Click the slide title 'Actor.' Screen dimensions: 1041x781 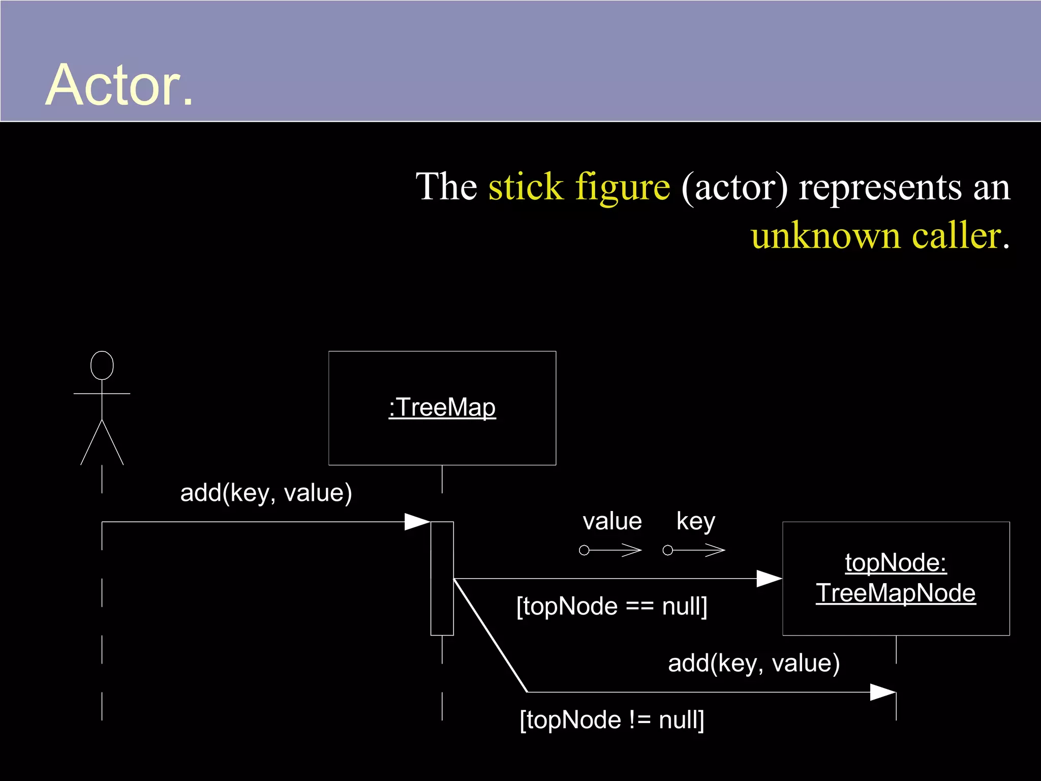tap(119, 85)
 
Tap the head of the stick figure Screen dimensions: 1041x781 tap(102, 365)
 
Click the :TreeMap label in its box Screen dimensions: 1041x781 tap(442, 408)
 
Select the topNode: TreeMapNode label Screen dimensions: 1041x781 tap(896, 578)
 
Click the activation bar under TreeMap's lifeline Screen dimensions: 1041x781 tap(442, 578)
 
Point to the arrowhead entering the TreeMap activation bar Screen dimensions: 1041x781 tap(418, 522)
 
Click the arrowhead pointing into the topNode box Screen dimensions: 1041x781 tap(770, 579)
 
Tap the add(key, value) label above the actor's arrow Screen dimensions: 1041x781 tap(266, 493)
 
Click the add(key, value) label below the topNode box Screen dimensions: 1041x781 tap(754, 663)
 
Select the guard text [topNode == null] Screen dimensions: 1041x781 tap(611, 606)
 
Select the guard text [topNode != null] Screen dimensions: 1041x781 tap(611, 720)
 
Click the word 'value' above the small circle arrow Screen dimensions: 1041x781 tap(612, 522)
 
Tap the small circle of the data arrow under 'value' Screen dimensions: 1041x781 tap(585, 550)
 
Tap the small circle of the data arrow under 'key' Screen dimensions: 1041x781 tap(668, 550)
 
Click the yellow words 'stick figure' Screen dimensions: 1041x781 tap(579, 187)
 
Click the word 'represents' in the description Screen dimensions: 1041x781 tap(880, 188)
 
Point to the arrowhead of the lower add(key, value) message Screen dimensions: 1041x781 tap(883, 692)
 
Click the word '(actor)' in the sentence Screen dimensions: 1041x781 tap(734, 188)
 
